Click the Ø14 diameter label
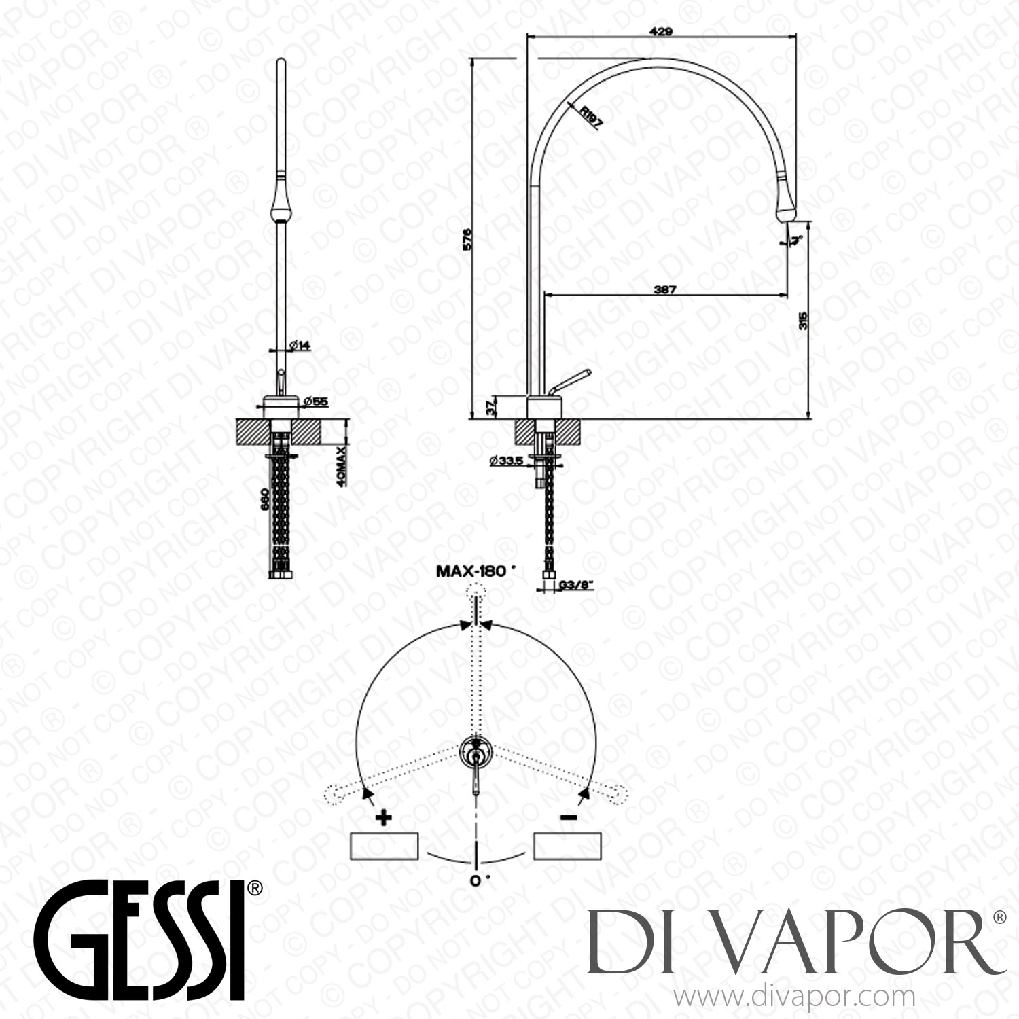point(300,345)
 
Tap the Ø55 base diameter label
point(317,402)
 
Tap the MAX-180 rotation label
point(471,571)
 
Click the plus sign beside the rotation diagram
point(384,818)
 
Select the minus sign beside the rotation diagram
point(568,818)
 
